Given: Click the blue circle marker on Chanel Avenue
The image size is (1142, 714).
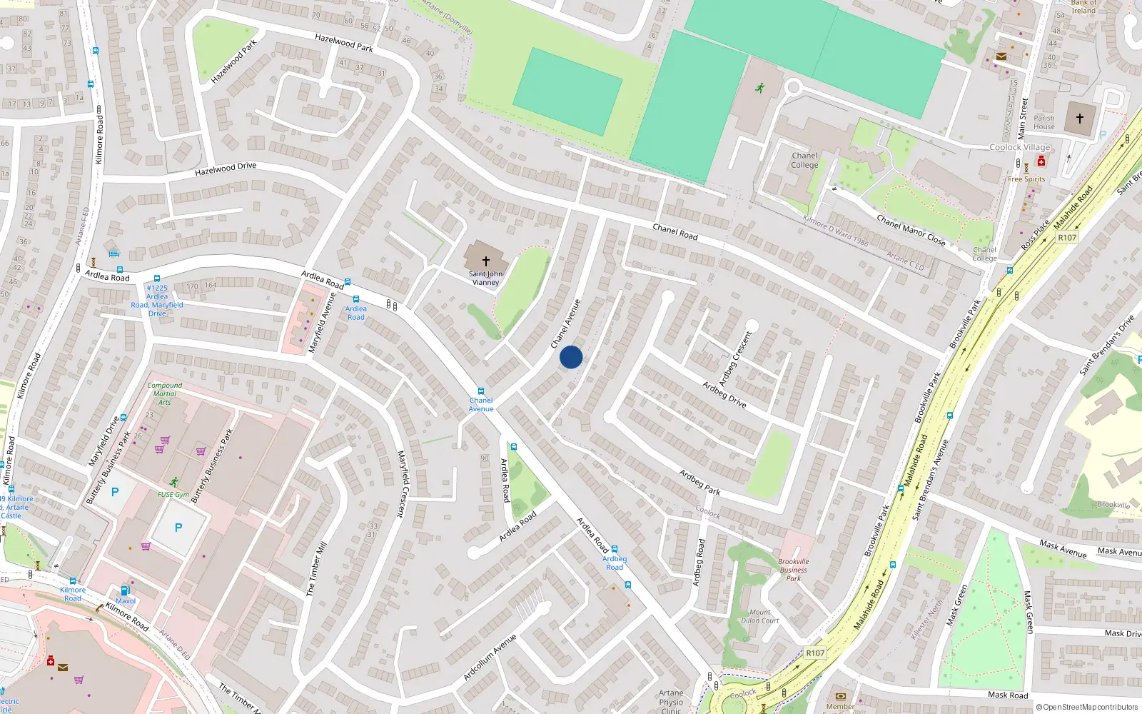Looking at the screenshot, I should point(571,357).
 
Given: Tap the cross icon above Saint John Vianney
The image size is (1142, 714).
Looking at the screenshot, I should point(485,261).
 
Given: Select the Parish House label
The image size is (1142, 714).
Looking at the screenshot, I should point(1044,123).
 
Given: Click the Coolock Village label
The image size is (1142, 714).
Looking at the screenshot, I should point(1019,147).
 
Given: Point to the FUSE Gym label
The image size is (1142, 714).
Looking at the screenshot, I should point(173,494).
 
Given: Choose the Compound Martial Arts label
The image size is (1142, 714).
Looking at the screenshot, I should point(165,393).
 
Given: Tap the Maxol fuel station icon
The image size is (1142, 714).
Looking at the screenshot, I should point(126,590).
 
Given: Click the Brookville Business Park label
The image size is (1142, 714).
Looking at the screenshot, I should point(793,570).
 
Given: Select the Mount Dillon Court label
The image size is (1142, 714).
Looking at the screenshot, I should point(759,616).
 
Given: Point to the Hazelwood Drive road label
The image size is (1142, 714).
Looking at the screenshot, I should point(226,169).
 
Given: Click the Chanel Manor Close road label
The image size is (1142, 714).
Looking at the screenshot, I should point(911,231).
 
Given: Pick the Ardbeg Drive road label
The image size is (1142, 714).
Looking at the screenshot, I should point(724,394).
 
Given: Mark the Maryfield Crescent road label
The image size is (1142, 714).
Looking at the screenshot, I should point(402,483).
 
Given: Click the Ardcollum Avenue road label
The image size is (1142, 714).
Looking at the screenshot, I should point(490,656).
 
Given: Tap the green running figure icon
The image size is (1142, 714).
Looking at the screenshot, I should point(760,88).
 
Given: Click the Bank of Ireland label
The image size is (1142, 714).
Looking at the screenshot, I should point(1083,7).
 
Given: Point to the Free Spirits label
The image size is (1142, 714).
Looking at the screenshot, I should point(1026,179).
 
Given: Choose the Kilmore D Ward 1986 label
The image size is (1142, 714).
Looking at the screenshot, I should point(836,231).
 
